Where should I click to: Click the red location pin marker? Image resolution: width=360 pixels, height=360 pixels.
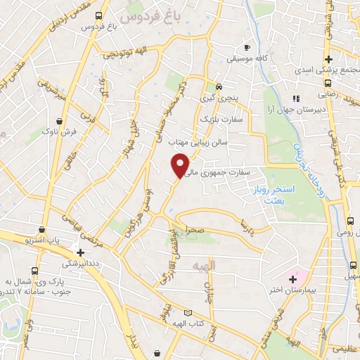tap(181, 165)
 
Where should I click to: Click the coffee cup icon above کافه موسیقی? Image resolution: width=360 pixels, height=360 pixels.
tap(246, 47)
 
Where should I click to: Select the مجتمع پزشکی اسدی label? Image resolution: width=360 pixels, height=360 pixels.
tap(328, 71)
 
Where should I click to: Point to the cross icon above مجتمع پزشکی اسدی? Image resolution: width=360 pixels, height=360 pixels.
tap(328, 59)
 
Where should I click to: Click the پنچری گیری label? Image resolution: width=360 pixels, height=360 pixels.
tap(219, 98)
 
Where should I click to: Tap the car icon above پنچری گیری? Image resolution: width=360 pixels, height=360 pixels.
tap(219, 87)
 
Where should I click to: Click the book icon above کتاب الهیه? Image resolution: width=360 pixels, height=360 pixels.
tap(187, 312)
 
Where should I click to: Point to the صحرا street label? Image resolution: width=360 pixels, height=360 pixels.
tap(195, 231)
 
